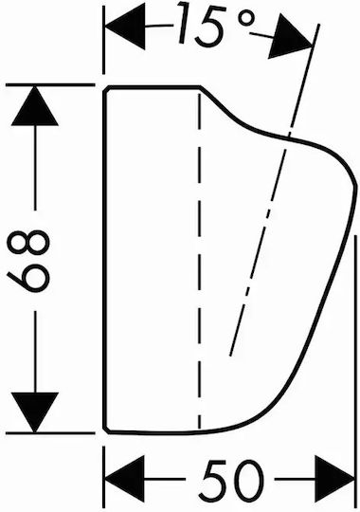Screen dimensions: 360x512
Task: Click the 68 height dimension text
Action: pyautogui.click(x=28, y=262)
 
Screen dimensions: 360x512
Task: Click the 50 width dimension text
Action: pyautogui.click(x=232, y=479)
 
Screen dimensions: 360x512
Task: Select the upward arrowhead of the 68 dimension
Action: pyautogui.click(x=35, y=106)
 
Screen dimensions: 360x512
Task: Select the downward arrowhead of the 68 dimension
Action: pyautogui.click(x=35, y=412)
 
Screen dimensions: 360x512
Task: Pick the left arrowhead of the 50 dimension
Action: pyautogui.click(x=124, y=479)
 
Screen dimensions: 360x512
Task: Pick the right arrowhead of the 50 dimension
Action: pyautogui.click(x=333, y=479)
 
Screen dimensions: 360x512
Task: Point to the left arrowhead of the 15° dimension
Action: pyautogui.click(x=124, y=26)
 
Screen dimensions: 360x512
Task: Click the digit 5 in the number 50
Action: pyautogui.click(x=214, y=480)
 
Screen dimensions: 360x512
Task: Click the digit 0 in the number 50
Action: pyautogui.click(x=248, y=480)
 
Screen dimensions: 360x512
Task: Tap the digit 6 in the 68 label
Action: pyautogui.click(x=28, y=278)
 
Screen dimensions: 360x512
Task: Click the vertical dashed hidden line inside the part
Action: pyautogui.click(x=199, y=260)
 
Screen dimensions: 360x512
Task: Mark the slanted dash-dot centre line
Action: pyautogui.click(x=274, y=190)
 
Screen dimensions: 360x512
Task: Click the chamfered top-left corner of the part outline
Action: pyautogui.click(x=106, y=89)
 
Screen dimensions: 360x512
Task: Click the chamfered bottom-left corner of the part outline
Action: pyautogui.click(x=106, y=430)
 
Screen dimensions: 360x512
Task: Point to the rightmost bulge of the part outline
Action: pyautogui.click(x=353, y=186)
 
